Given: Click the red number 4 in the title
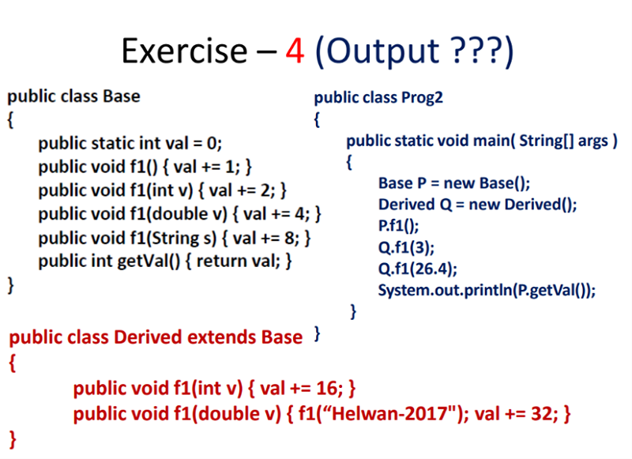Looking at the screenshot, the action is tap(295, 51).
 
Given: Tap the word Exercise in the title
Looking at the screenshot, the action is tap(185, 51).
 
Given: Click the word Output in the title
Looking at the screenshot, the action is tap(382, 52).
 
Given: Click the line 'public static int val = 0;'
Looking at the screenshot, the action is tap(130, 143).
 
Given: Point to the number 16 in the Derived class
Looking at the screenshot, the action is tap(329, 388).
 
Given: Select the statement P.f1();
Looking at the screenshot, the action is tap(398, 226).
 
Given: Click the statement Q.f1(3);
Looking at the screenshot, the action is tap(406, 247).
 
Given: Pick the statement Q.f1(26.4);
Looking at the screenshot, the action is tap(418, 269).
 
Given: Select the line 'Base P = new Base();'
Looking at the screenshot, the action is tap(454, 183).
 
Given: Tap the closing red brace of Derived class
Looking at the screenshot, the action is tap(13, 439).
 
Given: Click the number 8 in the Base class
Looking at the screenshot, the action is tap(289, 238).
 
